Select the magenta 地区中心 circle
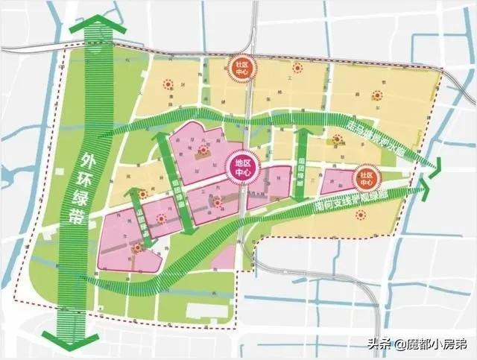coord(244,168)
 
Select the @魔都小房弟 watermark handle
coord(436,344)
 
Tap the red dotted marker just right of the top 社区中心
coord(297,68)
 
